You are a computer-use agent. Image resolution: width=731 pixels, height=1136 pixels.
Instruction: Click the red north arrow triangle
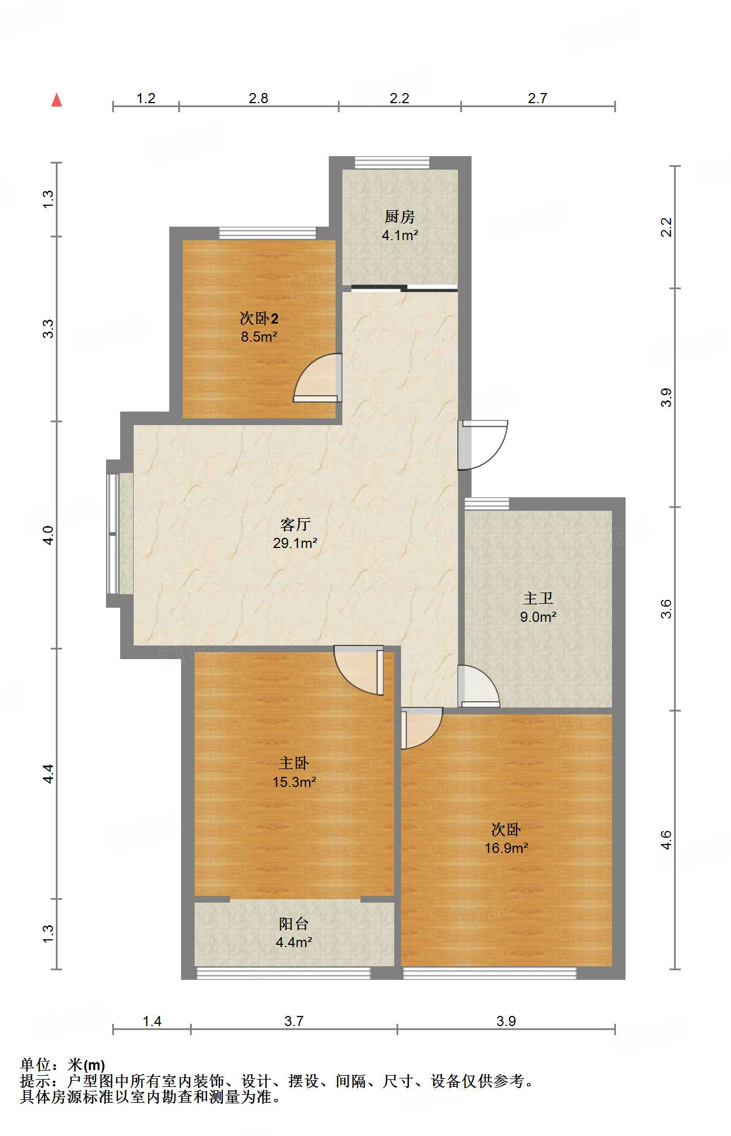point(56,100)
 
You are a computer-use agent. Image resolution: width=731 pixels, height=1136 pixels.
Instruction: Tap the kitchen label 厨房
point(400,216)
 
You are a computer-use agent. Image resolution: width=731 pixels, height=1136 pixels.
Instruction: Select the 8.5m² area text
point(259,337)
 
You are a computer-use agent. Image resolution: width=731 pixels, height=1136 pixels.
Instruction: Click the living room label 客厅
point(295,524)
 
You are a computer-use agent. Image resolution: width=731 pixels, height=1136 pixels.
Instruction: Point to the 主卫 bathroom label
point(538,598)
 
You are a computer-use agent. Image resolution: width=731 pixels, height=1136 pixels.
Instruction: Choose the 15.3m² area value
point(294,782)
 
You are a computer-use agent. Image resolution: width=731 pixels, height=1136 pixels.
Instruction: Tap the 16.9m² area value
point(507,848)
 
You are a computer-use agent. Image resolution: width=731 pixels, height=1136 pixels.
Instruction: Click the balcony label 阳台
point(294,923)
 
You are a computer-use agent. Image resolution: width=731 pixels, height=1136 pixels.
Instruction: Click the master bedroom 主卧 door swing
point(359,670)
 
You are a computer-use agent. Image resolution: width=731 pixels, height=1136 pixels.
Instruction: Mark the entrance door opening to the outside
point(483,445)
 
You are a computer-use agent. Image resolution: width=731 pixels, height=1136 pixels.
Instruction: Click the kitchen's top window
point(392,162)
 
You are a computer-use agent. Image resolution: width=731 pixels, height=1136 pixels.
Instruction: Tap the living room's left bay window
point(113,533)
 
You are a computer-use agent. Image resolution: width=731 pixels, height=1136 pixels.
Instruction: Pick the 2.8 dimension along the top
point(258,99)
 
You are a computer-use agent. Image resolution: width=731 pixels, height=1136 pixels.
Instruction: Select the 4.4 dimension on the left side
point(49,773)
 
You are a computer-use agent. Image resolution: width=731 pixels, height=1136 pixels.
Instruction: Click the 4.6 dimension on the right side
point(666,840)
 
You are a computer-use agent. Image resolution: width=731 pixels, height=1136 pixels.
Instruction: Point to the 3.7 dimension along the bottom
point(294,1021)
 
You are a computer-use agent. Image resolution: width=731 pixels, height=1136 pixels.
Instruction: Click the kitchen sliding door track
point(404,289)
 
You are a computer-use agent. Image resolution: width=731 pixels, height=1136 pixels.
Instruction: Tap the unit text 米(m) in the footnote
point(86,1065)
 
